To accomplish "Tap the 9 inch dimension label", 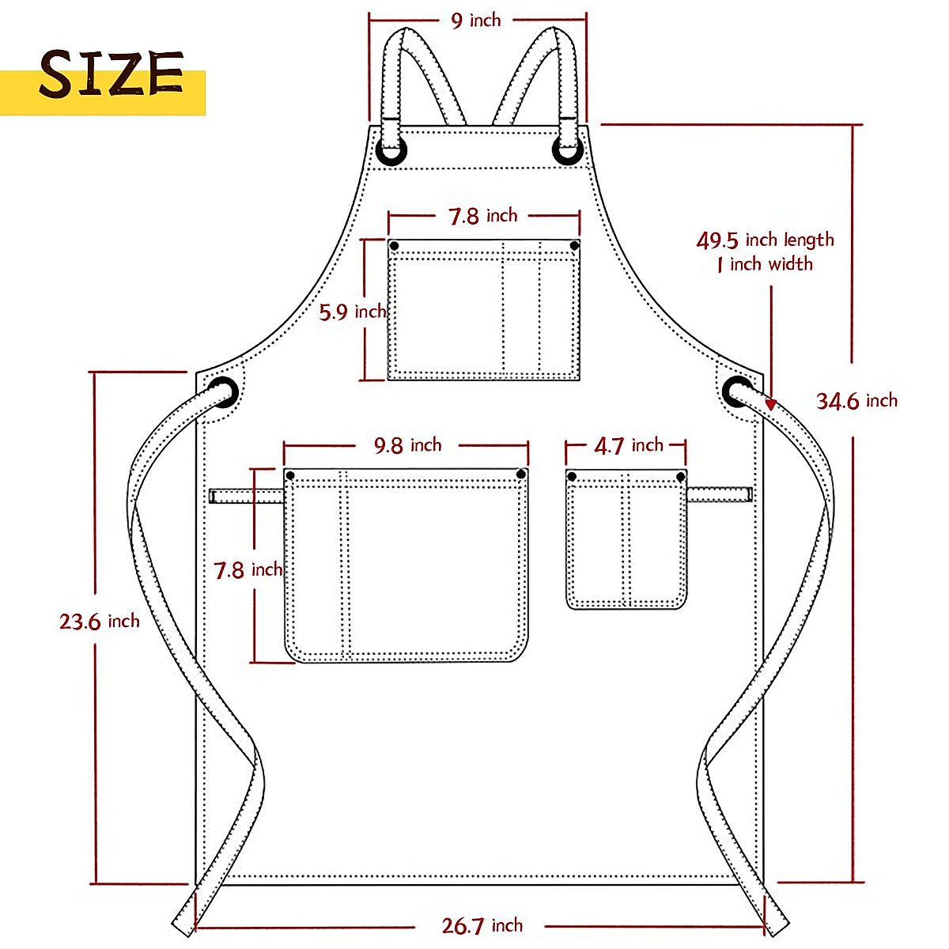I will pos(476,20).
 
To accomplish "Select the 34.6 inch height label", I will pos(856,401).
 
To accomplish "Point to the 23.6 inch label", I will pos(100,621).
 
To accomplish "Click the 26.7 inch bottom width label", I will pos(482,925).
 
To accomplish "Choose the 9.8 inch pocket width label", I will pos(407,446).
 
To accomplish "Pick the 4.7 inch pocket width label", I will pos(629,446).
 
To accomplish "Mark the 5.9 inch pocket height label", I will pos(352,312).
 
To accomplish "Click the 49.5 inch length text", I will pos(765,240).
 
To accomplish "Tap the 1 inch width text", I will pos(765,264).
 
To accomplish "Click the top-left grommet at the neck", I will pos(392,150).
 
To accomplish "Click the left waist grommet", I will pos(222,392).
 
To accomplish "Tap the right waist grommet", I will pos(737,392).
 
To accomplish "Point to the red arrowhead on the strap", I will pos(770,404).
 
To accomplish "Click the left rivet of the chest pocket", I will pos(395,246).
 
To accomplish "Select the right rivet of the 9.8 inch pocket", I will pos(521,475).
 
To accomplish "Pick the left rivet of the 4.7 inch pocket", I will pos(572,476).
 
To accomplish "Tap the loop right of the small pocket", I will pos(718,494).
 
